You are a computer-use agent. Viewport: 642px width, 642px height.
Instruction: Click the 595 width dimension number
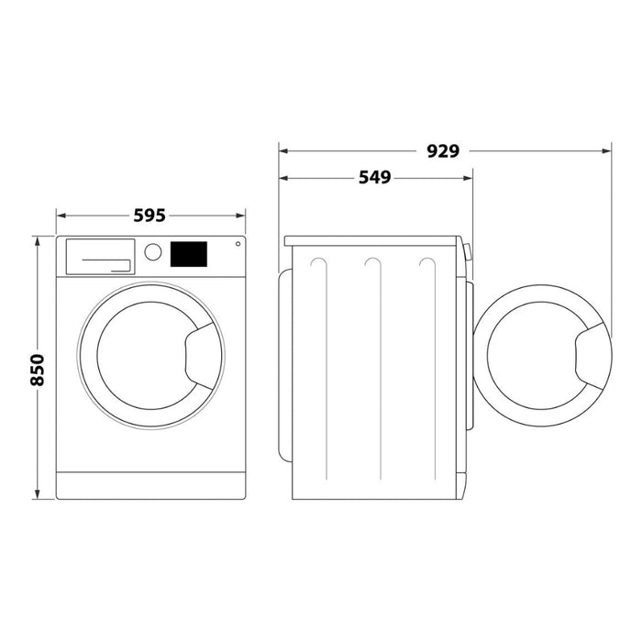click(x=149, y=216)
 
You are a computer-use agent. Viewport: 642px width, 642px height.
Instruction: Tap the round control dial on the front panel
click(x=153, y=251)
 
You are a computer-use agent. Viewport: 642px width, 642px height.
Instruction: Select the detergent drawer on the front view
click(x=100, y=256)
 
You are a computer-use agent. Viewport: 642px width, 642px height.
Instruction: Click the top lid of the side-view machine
click(x=371, y=241)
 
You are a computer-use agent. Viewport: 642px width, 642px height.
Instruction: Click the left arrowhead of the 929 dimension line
click(x=284, y=151)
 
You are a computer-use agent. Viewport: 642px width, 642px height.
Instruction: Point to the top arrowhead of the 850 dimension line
click(x=38, y=241)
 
